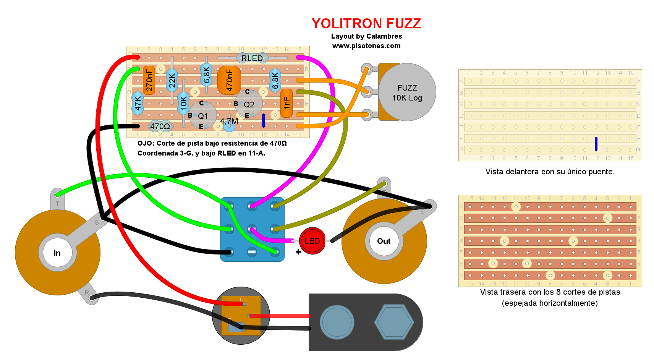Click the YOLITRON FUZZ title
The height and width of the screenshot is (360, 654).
coord(366,24)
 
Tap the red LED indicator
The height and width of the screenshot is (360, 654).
coord(312,241)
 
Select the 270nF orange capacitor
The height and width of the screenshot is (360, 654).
coord(149,80)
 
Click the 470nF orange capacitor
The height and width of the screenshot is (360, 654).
coord(229,80)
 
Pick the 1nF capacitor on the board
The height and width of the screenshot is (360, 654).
coord(287,103)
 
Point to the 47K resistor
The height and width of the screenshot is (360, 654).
coord(138,103)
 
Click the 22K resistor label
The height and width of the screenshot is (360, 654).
coord(172,80)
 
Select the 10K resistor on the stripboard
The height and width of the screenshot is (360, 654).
coord(183,103)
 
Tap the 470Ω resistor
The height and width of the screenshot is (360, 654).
coord(160,126)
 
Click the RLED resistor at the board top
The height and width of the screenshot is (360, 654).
coord(252,58)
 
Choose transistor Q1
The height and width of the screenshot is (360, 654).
coord(203,115)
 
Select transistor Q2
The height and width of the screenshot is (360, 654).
coord(249,104)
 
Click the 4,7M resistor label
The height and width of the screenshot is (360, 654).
coord(229,122)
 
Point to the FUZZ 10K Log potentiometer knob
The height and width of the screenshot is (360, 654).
coord(407,92)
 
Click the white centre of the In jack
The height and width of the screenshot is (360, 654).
coord(57,253)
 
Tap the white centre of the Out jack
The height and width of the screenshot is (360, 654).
coord(384,241)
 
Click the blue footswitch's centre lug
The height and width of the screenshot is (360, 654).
coord(252,229)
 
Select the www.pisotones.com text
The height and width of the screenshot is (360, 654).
coord(366,46)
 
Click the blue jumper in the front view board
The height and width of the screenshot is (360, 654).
coord(596,144)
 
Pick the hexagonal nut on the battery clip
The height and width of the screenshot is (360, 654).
coord(394,322)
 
